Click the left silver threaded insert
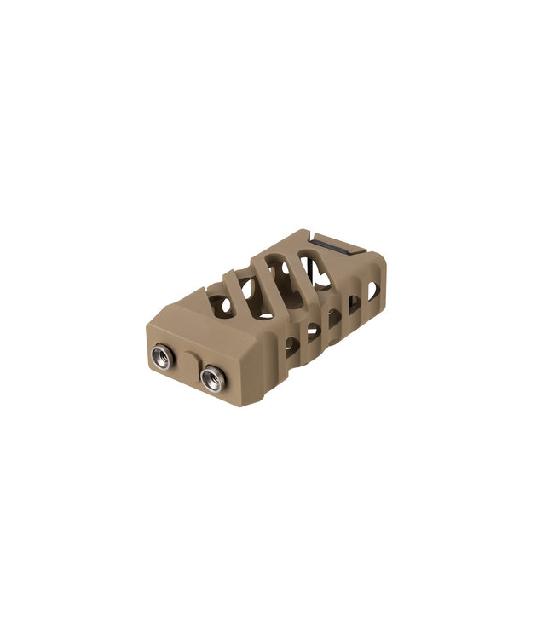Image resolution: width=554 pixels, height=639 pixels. (x=160, y=354)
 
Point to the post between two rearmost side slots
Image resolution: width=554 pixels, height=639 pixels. (x=363, y=300)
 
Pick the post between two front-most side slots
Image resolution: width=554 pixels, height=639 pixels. (x=303, y=336)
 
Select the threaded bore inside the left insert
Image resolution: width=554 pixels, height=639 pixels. (x=160, y=355)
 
